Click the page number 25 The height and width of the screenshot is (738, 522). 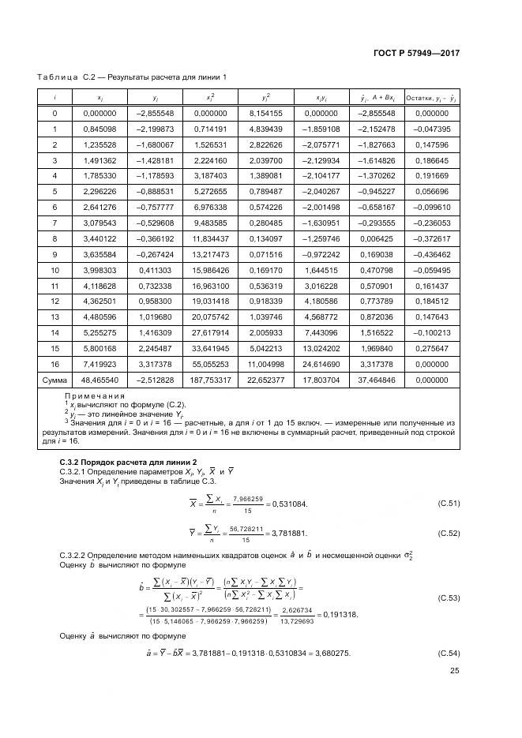[x=454, y=672]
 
